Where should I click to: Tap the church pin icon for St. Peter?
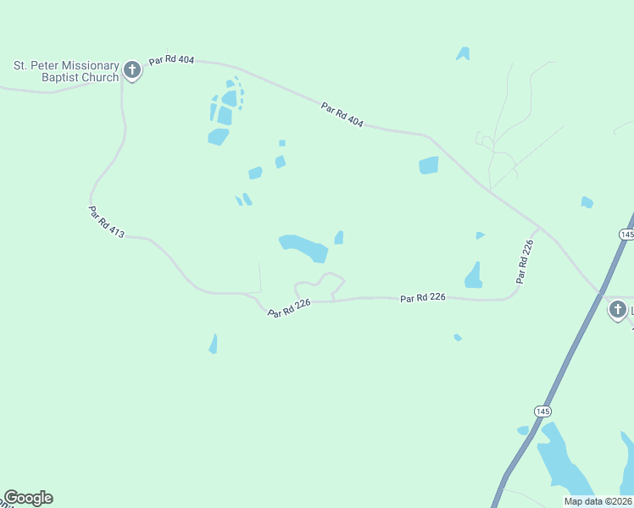[x=132, y=69]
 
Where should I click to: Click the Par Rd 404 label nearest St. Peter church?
[x=171, y=61]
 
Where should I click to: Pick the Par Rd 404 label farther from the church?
[x=342, y=115]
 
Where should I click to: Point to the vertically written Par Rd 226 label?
[x=526, y=261]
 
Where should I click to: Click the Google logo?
[x=28, y=498]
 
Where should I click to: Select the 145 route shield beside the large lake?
[x=542, y=411]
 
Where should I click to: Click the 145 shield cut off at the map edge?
[x=626, y=234]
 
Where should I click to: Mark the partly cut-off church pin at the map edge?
[x=618, y=310]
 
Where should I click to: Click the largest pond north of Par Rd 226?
[x=304, y=247]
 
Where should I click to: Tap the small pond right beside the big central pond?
[x=339, y=238]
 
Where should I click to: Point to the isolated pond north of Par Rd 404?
[x=463, y=53]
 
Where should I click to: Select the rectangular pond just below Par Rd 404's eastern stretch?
[x=429, y=165]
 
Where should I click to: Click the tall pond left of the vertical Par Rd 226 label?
[x=474, y=276]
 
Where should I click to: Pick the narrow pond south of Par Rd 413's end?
[x=214, y=344]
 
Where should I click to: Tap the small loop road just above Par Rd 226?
[x=320, y=284]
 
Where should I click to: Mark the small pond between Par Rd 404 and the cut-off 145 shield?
[x=587, y=202]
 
